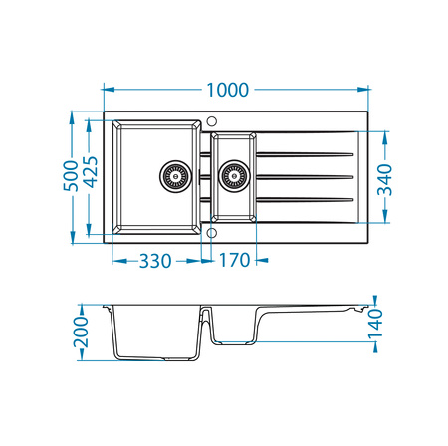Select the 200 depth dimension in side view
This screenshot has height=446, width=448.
(x=83, y=334)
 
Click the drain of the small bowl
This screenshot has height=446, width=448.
(x=233, y=177)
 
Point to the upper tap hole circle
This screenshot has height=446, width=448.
(x=212, y=121)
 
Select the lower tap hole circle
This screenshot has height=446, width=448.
(x=212, y=233)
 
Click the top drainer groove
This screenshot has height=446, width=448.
(x=305, y=154)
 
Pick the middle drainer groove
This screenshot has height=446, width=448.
(x=305, y=177)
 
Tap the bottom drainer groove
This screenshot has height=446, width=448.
(x=305, y=200)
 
